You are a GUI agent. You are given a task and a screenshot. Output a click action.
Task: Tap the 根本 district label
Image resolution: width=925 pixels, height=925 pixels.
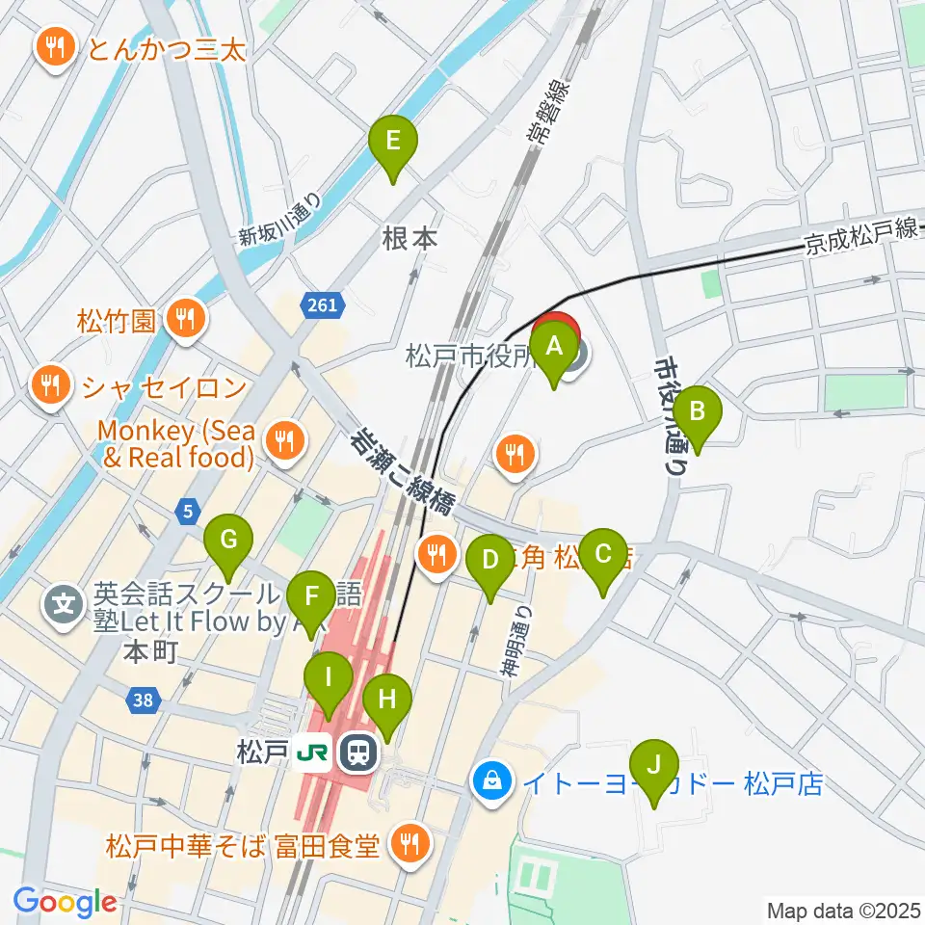[410, 239]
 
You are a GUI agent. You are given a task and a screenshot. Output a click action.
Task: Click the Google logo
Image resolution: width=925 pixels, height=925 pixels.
[65, 903]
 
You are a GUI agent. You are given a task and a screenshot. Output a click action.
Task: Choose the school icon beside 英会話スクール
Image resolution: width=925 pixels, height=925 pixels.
[65, 606]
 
